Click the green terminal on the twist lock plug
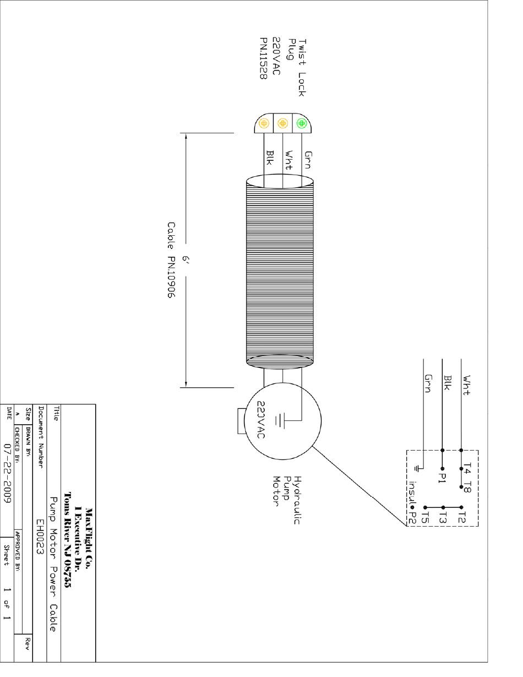pos(301,123)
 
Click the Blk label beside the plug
pos(270,157)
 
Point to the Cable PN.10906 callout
pos(171,260)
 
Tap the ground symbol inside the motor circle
pos(279,421)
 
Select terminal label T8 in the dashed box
pos(467,488)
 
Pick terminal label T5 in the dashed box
pos(424,517)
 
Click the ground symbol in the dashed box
pos(418,468)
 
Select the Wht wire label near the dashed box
pos(466,385)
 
